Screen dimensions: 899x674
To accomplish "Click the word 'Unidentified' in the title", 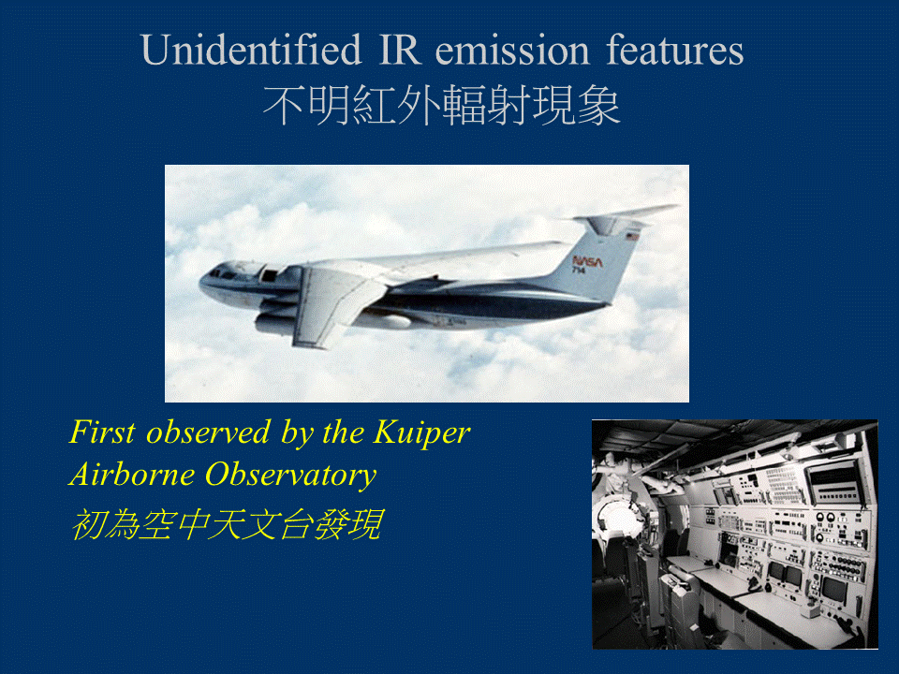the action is point(251,50).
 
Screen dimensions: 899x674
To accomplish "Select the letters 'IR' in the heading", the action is point(400,50).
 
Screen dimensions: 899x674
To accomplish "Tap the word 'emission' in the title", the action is point(512,50).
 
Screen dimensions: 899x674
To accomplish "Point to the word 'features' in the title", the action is point(675,50).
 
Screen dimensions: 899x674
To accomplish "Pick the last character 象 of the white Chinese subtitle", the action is point(598,106).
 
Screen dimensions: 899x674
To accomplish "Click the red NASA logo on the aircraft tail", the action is point(587,261).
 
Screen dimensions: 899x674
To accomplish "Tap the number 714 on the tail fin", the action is point(579,270).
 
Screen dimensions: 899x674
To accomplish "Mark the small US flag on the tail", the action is point(632,236).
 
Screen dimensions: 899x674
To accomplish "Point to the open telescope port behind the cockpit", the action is point(269,274).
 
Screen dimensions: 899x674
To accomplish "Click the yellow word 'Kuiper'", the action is point(421,433).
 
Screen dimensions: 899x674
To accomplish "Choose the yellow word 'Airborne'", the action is point(132,476).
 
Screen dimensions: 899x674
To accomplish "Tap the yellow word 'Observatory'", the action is point(290,476).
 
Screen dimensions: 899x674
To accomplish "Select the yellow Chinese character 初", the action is point(88,524).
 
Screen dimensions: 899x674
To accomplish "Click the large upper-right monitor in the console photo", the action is point(835,483).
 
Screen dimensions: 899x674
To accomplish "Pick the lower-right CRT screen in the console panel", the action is point(833,589).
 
